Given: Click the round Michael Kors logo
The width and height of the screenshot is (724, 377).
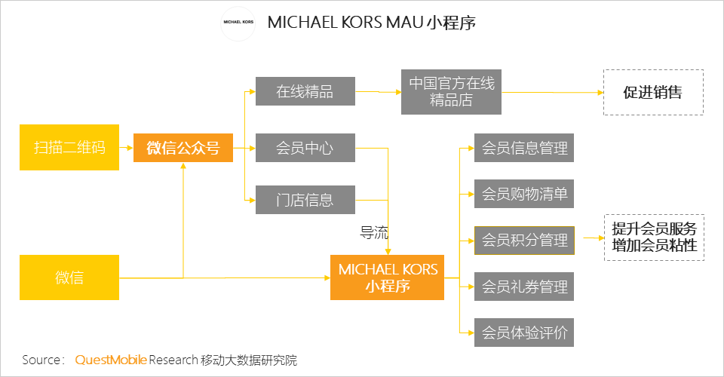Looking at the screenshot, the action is (238, 23).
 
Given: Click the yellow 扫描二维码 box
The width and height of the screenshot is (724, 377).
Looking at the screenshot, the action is (69, 147).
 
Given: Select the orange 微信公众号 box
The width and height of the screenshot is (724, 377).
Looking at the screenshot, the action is (183, 148).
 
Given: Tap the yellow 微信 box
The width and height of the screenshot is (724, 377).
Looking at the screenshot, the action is (69, 277).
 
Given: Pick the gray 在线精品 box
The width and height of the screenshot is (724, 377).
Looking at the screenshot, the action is (305, 91).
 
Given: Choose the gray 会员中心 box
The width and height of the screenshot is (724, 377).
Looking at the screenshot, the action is (305, 148).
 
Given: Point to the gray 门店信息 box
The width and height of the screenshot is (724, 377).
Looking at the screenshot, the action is (305, 200).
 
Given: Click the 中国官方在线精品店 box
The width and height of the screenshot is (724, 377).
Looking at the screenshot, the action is (451, 92).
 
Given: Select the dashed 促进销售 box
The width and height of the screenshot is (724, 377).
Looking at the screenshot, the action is (653, 92).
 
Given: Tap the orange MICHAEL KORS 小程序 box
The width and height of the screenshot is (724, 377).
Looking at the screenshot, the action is (387, 277).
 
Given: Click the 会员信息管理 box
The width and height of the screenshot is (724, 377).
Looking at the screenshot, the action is (524, 148).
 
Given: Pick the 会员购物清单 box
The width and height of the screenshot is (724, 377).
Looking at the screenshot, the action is (524, 194).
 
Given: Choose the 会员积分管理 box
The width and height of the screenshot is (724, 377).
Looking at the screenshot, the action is (524, 241).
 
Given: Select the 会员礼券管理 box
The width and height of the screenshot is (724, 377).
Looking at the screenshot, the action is (524, 287).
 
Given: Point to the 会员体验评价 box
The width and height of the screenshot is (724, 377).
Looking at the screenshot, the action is (524, 333).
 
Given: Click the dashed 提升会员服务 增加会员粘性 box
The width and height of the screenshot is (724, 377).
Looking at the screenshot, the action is (655, 238).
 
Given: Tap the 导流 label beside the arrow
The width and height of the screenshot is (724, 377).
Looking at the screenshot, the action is (374, 232).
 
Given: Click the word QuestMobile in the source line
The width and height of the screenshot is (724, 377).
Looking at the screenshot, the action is (111, 360).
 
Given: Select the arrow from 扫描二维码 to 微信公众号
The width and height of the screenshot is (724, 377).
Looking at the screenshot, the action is (126, 148).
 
